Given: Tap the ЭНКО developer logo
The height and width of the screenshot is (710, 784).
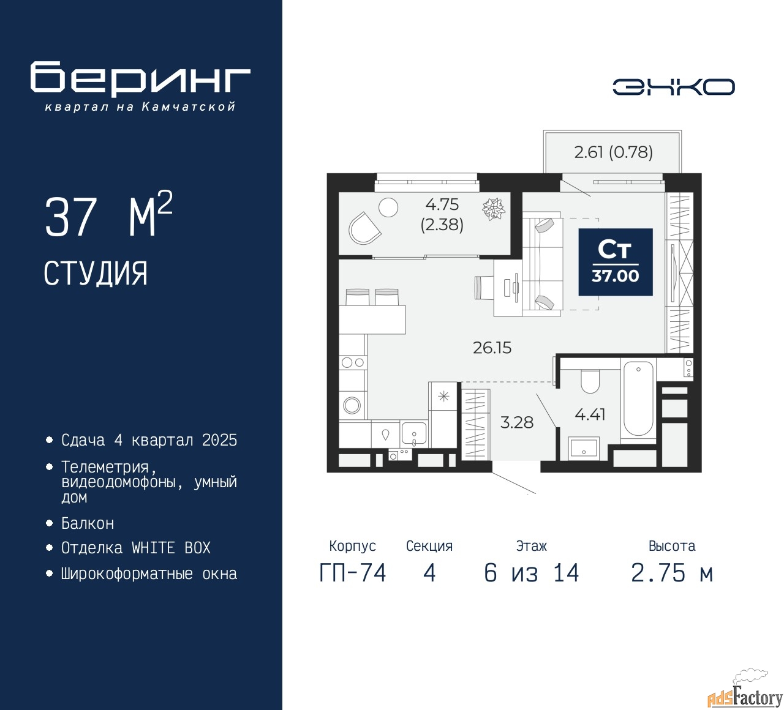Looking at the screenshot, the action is point(673,87).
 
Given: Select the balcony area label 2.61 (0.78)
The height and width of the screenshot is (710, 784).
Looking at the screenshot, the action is point(613,152).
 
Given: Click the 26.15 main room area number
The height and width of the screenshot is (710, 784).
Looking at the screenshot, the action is point(492,348).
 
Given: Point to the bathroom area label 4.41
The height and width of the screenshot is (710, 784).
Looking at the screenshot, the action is point(590,414).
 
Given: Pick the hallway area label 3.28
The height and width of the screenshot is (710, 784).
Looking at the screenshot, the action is point(517,422).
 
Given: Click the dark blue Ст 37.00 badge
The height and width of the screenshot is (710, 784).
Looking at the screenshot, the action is point(616,262).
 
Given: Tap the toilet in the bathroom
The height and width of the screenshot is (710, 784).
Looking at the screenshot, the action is point(590,381).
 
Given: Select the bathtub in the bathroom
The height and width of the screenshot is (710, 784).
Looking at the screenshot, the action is point(638,398).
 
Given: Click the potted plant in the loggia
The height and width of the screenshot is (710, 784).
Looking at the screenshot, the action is point(494,209).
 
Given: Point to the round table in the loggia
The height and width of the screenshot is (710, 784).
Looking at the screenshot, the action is point(388,207).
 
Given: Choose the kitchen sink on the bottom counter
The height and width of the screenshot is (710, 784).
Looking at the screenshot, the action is point(414,434).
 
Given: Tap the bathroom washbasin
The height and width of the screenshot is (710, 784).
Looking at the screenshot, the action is point(584,447).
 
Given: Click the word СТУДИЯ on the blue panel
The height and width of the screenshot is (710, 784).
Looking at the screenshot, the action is point(96,274).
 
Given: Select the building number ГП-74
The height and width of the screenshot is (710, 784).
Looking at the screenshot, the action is point(353,573).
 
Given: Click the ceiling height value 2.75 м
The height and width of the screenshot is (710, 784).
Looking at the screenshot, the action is point(672,573).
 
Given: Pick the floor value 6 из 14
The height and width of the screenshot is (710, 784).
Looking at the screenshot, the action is point(531,573).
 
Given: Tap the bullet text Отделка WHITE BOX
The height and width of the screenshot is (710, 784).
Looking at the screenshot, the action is point(135,548).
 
